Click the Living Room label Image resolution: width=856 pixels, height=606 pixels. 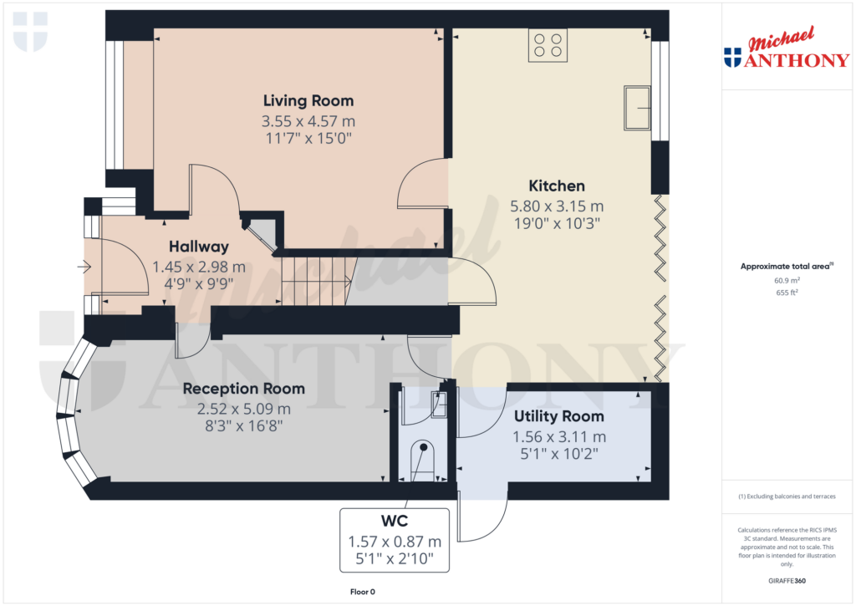[x=308, y=101]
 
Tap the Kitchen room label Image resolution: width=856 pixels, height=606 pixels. [x=557, y=186]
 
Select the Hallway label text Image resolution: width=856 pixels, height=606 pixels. [x=199, y=247]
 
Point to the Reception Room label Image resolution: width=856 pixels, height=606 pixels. [x=244, y=389]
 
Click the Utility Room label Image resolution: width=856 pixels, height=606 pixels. [x=559, y=416]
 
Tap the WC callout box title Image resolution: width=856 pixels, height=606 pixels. [x=395, y=521]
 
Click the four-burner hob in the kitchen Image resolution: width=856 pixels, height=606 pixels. [x=548, y=45]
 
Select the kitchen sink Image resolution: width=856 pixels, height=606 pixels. [x=637, y=108]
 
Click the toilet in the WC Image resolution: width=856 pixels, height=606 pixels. [x=425, y=461]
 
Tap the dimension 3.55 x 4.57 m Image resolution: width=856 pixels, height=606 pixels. [x=308, y=121]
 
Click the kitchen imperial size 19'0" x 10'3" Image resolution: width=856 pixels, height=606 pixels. [x=557, y=223]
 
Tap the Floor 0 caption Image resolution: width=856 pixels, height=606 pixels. [x=362, y=592]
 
